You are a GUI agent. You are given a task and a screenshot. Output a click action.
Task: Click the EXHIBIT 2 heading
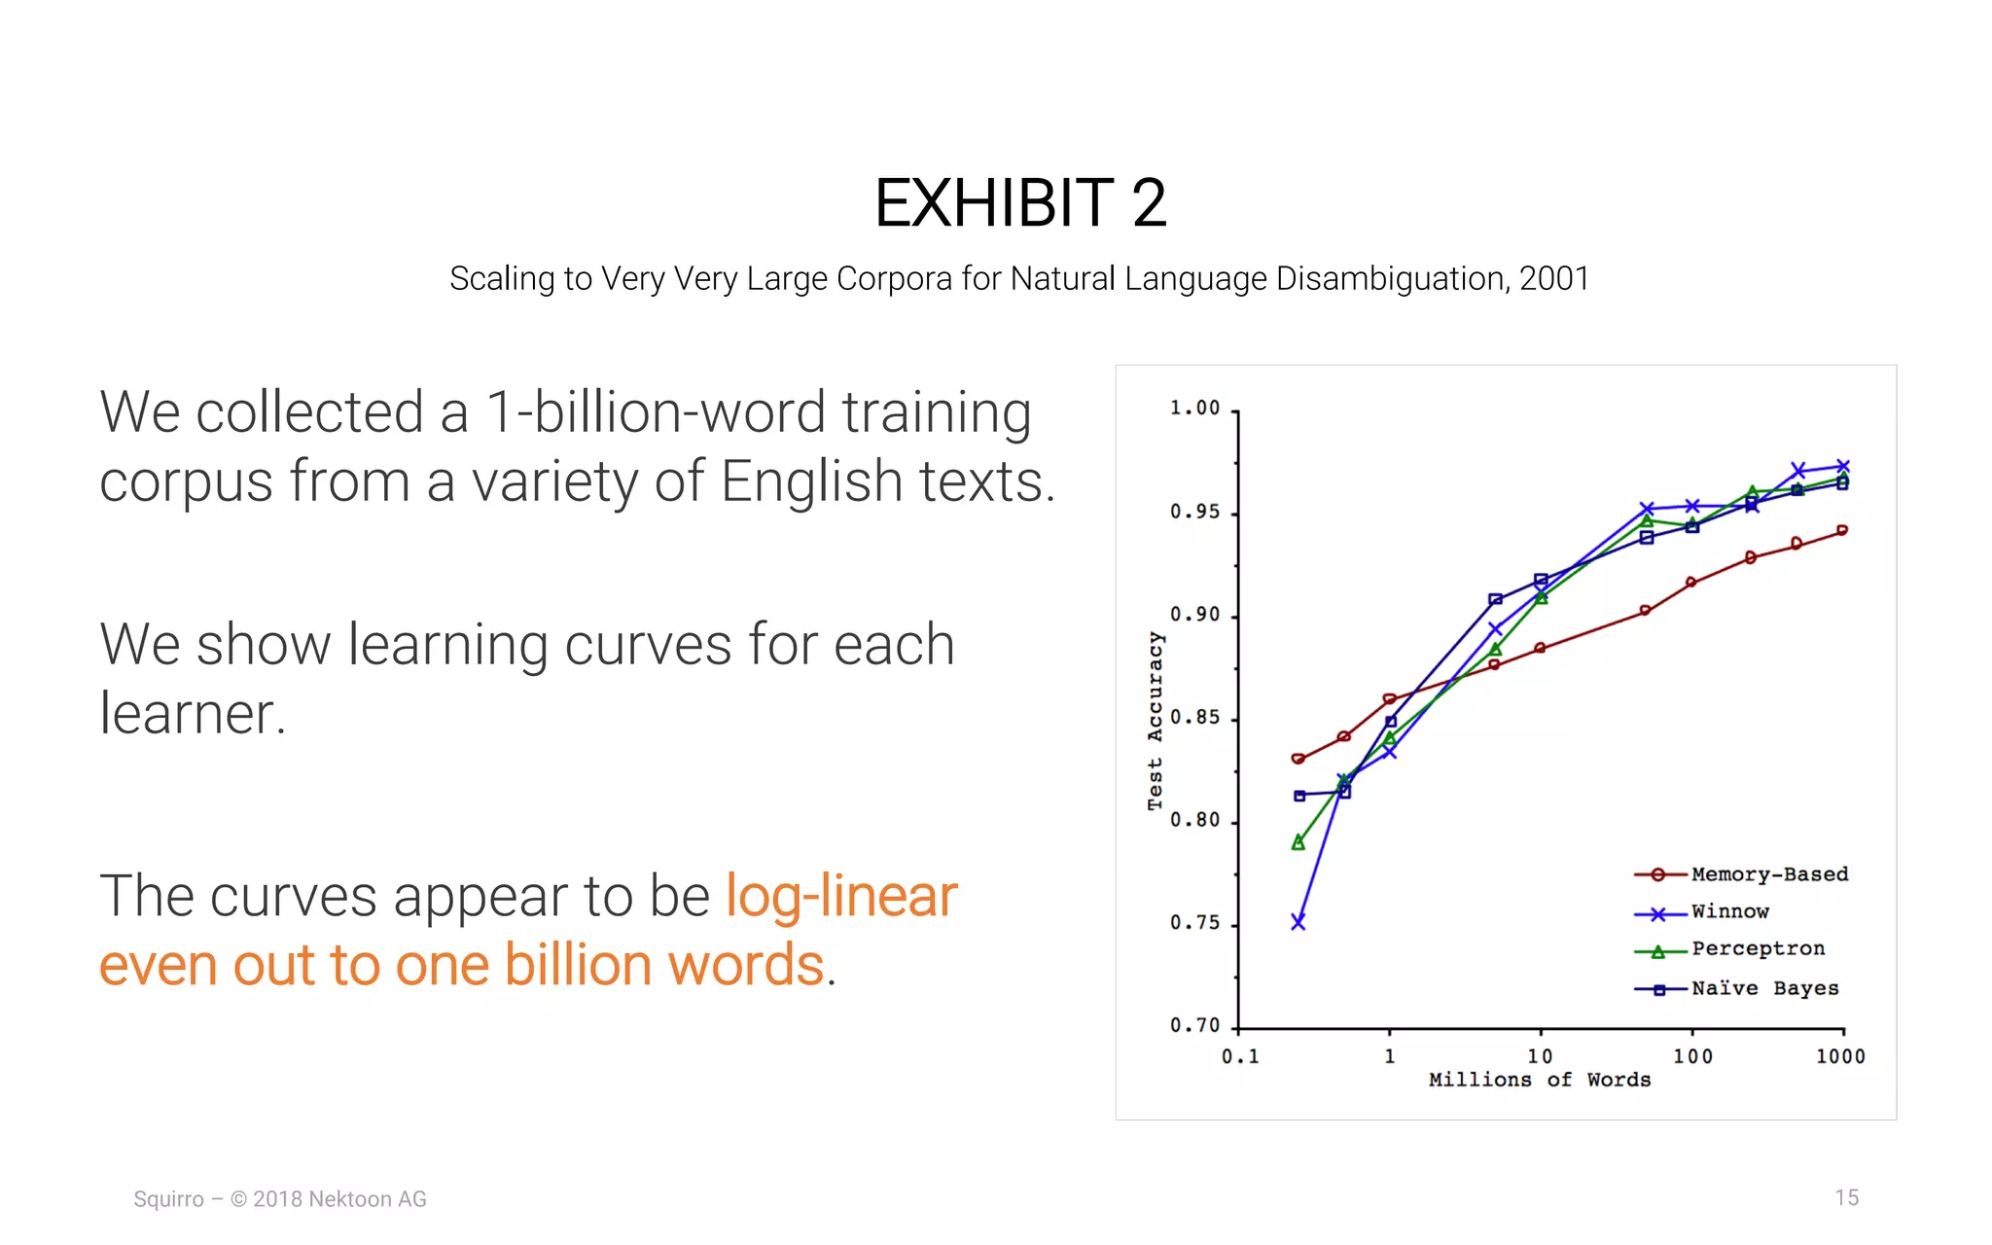[x=1019, y=203]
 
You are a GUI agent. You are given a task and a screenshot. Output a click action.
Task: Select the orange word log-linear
[x=841, y=896]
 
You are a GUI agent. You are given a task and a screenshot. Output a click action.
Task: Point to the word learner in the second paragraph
[x=192, y=714]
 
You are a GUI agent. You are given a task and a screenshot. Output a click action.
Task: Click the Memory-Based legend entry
[x=1768, y=874]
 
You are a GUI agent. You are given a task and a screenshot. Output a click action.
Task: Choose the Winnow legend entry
[x=1729, y=912]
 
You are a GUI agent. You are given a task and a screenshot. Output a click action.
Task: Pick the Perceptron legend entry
[x=1757, y=949]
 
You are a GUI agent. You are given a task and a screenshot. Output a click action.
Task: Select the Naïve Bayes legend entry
[x=1764, y=989]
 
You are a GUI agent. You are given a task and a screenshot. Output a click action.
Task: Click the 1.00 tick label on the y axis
[x=1194, y=409]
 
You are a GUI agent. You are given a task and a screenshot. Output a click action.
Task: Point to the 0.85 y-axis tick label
[x=1194, y=719]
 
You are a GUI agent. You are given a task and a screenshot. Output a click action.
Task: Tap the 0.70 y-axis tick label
[x=1194, y=1026]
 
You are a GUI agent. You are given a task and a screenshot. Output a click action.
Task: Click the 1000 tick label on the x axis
[x=1840, y=1057]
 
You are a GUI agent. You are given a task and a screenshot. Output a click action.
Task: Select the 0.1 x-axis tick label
[x=1240, y=1057]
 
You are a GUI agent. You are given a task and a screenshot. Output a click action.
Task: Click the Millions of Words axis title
[x=1539, y=1081]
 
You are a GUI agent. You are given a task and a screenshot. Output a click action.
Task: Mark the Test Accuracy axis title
[x=1155, y=721]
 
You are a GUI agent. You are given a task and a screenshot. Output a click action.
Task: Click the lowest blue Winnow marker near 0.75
[x=1298, y=922]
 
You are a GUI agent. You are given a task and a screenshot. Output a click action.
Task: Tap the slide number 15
[x=1846, y=1198]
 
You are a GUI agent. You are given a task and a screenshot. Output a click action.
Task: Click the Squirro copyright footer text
[x=280, y=1199]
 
